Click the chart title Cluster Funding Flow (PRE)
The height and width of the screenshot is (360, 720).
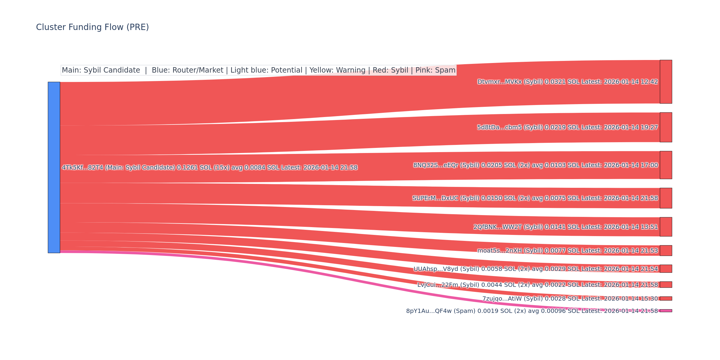coord(92,27)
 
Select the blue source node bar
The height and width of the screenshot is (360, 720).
coord(54,167)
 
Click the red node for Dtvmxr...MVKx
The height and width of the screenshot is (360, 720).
coord(666,82)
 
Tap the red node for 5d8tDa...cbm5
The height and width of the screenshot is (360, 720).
coord(666,127)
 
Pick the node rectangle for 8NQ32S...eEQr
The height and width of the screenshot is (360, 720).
coord(666,165)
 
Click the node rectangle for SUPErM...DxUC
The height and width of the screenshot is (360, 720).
coord(666,198)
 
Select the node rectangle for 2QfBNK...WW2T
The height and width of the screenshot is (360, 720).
coord(666,227)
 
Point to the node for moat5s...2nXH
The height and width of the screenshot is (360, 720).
coord(666,250)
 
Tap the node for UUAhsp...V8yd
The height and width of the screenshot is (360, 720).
coord(666,268)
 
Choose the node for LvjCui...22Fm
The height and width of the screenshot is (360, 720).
coord(666,284)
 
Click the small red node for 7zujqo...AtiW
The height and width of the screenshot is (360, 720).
coord(666,298)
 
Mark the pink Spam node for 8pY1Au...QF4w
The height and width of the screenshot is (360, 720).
coord(666,311)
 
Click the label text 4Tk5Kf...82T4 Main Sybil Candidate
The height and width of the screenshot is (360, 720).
coord(209,168)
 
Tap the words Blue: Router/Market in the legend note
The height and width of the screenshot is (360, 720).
coord(187,70)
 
